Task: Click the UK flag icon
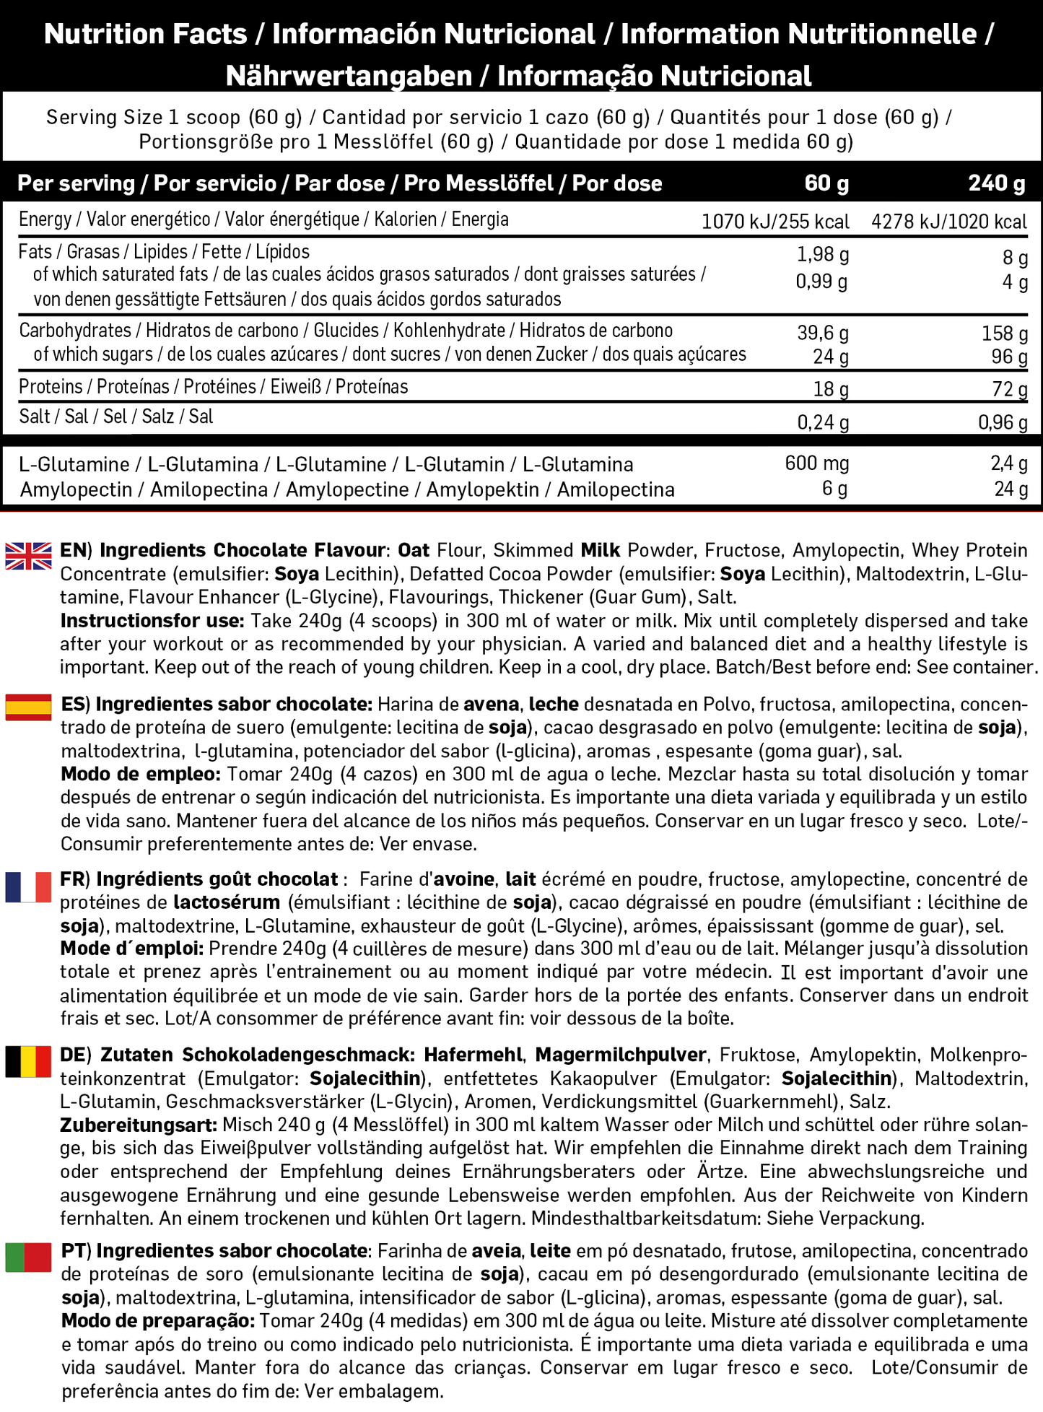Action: click(29, 556)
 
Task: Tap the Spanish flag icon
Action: click(29, 707)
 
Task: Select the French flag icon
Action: click(29, 886)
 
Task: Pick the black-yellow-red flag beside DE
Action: click(29, 1061)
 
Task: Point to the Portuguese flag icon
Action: click(29, 1257)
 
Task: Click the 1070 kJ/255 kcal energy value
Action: click(775, 222)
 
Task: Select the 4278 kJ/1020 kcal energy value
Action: click(949, 222)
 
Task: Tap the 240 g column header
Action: click(996, 183)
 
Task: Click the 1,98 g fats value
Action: click(822, 255)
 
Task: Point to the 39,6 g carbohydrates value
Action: click(823, 333)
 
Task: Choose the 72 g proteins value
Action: click(1010, 389)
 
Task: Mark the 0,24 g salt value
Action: click(823, 422)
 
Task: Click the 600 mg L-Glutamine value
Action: click(817, 463)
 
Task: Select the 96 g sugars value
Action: click(1010, 357)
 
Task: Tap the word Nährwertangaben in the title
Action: click(349, 76)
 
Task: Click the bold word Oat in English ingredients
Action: click(414, 551)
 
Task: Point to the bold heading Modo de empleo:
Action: click(141, 775)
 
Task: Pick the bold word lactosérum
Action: click(227, 902)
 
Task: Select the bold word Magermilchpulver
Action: click(621, 1055)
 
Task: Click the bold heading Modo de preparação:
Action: click(158, 1321)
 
